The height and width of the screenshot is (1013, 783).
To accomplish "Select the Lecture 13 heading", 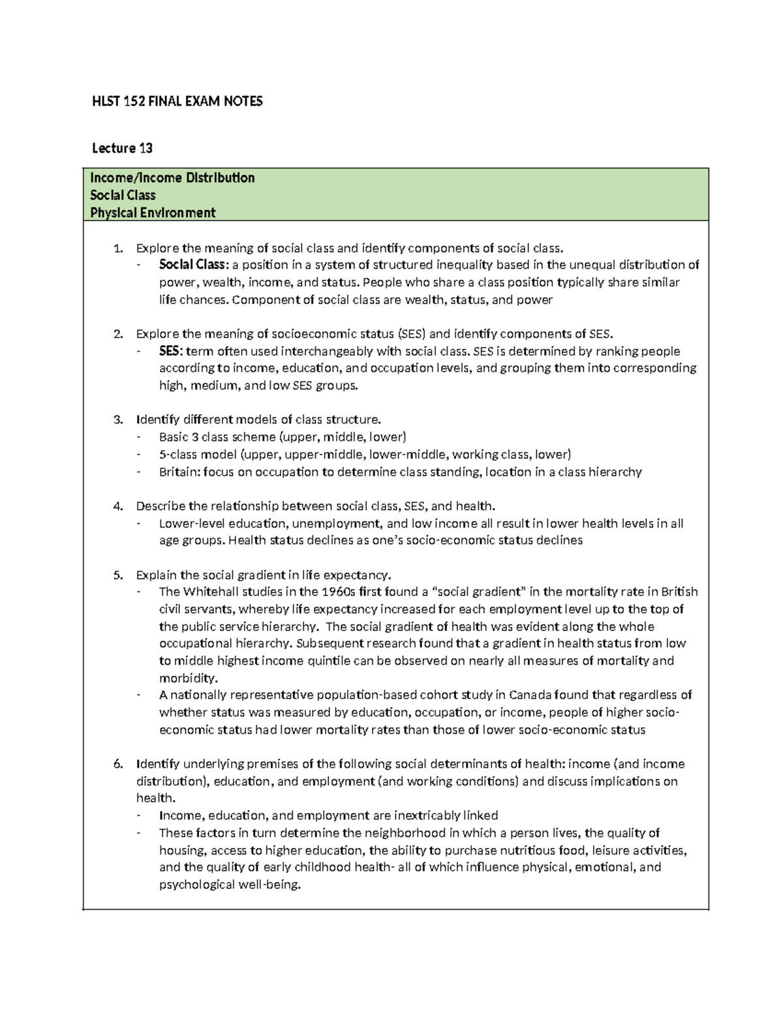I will coord(122,149).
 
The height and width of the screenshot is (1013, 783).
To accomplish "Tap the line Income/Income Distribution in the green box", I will coord(172,177).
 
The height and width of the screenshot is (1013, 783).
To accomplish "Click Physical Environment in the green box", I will coord(153,212).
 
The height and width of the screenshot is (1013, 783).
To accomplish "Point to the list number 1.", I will coord(117,248).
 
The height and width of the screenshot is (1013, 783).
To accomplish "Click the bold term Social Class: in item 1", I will coord(194,265).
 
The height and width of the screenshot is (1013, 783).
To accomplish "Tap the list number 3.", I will coord(117,419).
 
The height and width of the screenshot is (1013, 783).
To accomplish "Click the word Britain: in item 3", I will coord(179,472).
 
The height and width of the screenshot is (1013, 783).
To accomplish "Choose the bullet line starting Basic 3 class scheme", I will coord(283,437).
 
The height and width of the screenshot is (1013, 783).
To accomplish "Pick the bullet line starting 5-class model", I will coord(365,455).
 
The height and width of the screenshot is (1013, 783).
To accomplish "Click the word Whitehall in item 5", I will coord(207,592).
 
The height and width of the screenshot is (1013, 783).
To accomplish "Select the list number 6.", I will coord(117,764).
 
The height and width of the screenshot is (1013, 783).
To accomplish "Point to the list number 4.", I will coord(117,506).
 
